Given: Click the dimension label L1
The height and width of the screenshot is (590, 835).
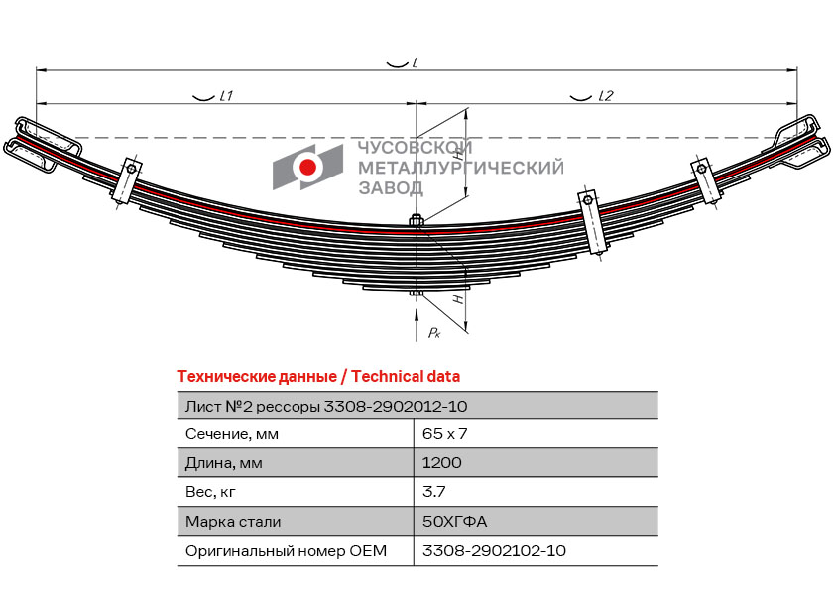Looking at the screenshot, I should (225, 96).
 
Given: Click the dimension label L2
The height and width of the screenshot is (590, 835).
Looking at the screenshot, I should (606, 96).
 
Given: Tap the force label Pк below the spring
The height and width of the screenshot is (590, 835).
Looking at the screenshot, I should (433, 333).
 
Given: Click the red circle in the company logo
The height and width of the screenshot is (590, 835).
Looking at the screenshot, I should (308, 167).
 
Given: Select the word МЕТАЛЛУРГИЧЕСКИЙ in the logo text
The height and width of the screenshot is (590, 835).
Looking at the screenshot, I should (460, 168).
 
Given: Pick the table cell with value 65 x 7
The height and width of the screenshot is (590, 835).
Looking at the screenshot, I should (444, 434).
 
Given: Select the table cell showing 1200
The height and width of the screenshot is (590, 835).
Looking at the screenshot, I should (441, 463).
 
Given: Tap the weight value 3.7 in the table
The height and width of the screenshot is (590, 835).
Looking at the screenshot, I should (432, 492).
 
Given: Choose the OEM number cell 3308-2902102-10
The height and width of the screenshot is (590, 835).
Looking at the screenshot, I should (494, 550).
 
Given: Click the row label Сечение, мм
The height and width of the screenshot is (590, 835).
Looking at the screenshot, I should (232, 434).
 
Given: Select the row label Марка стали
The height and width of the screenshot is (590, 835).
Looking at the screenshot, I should (233, 521).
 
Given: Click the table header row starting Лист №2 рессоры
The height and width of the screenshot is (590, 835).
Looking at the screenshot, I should (326, 406).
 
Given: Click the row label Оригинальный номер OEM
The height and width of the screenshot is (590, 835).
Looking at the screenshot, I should (286, 550).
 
